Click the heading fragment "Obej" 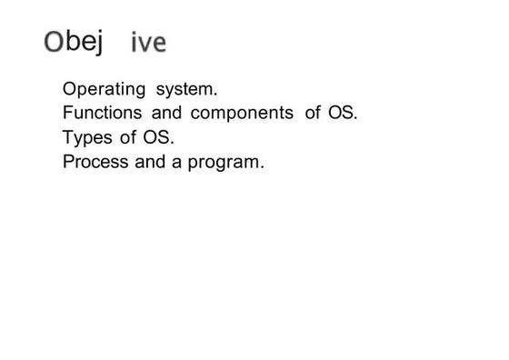pos(73,42)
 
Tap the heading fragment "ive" pos(148,44)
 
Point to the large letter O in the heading pos(54,42)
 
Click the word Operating pos(105,91)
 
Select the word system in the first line pos(186,91)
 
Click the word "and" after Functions pos(166,115)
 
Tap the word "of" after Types pos(126,139)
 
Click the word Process pos(93,164)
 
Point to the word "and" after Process pos(149,164)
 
